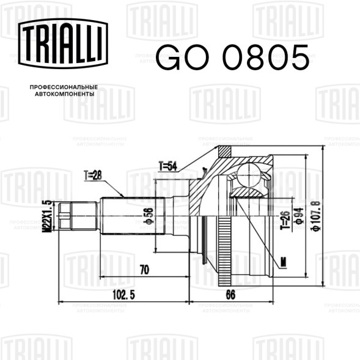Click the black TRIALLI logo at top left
(x=63, y=43)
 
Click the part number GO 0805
(x=232, y=57)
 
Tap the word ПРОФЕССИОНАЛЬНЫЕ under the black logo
(x=64, y=87)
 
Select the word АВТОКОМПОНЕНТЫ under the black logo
(x=65, y=94)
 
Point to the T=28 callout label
(x=93, y=175)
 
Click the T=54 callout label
(x=168, y=166)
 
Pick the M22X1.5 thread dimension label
(x=46, y=216)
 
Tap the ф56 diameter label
(x=149, y=216)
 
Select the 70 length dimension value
(x=144, y=270)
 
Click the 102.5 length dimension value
(x=123, y=295)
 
